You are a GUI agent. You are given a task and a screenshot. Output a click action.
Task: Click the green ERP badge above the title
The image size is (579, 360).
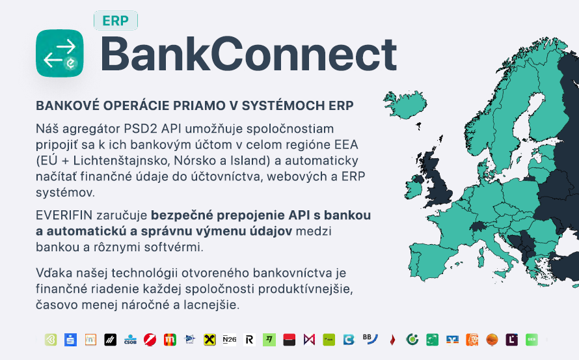tap(116, 20)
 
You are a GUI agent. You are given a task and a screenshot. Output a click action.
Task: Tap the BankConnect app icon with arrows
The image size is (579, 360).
tap(59, 53)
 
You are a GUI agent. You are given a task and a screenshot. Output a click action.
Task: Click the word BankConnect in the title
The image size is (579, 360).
tap(249, 54)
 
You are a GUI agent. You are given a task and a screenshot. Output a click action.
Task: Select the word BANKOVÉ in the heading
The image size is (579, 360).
tap(68, 105)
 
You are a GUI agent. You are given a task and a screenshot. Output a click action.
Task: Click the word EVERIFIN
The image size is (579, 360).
tap(64, 215)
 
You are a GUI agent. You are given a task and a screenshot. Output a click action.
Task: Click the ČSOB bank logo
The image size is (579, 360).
tap(130, 339)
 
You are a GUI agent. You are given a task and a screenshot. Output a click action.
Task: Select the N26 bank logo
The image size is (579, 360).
tap(229, 339)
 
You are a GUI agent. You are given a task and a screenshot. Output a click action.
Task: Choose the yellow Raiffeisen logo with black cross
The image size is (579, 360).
tap(209, 339)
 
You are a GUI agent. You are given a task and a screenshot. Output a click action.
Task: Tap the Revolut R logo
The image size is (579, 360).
tap(249, 339)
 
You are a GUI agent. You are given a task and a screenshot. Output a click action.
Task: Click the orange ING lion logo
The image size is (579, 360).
tap(472, 339)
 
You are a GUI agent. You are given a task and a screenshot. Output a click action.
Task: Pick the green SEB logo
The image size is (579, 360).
tap(532, 339)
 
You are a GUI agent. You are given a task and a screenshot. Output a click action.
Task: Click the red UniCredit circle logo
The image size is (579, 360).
tap(150, 339)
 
